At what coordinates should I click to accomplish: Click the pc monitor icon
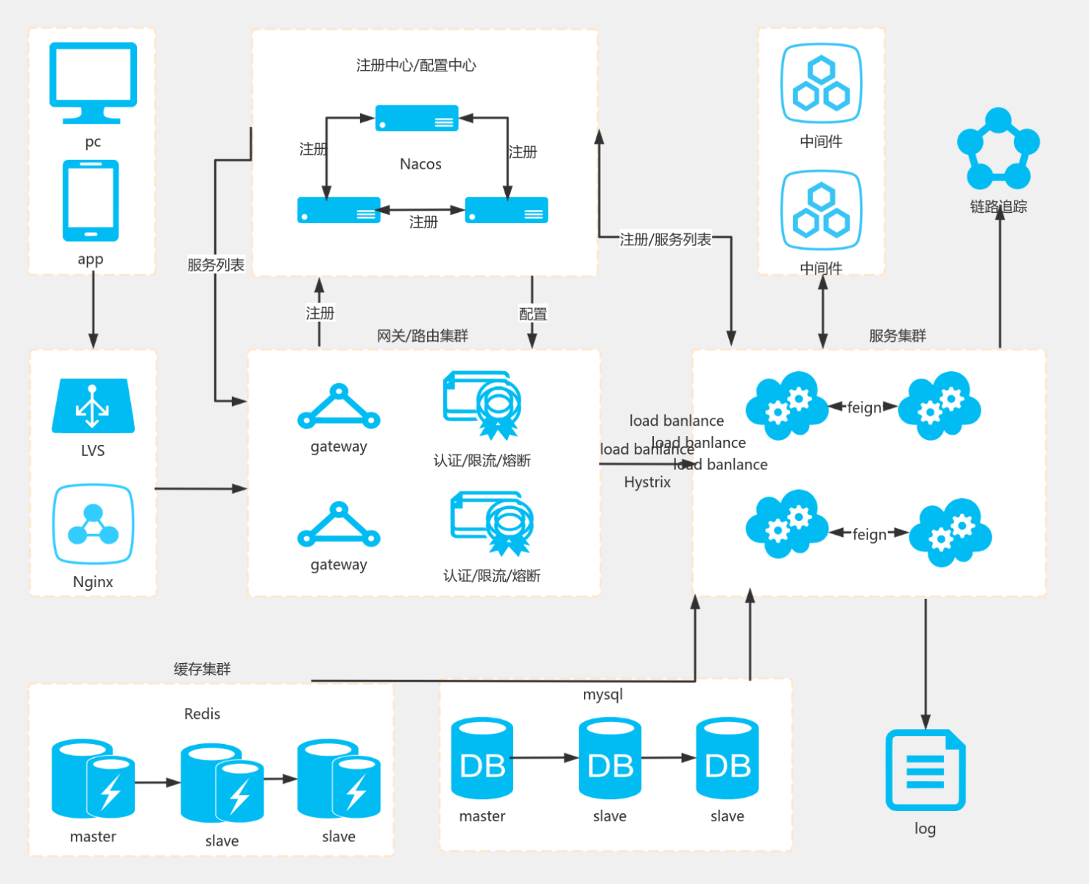(93, 82)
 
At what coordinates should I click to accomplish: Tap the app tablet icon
(91, 200)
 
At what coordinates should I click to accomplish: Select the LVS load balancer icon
(93, 406)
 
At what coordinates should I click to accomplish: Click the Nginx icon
(93, 524)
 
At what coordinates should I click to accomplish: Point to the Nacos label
(420, 164)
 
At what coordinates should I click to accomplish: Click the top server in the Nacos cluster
(417, 119)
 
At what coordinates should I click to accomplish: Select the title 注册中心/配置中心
(416, 66)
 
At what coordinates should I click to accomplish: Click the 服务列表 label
(216, 265)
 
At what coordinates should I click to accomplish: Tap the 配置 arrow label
(532, 315)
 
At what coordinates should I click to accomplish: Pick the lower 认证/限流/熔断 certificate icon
(492, 524)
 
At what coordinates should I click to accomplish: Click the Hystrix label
(647, 483)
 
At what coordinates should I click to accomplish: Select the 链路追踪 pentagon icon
(998, 150)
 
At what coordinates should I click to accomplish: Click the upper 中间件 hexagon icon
(821, 83)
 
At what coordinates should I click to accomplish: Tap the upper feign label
(864, 407)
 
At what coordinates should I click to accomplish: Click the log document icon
(925, 770)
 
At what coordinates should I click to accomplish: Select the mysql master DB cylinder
(482, 759)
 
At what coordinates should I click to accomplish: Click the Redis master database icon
(93, 779)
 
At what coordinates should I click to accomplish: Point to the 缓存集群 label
(202, 669)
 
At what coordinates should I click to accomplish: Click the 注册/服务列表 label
(666, 239)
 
